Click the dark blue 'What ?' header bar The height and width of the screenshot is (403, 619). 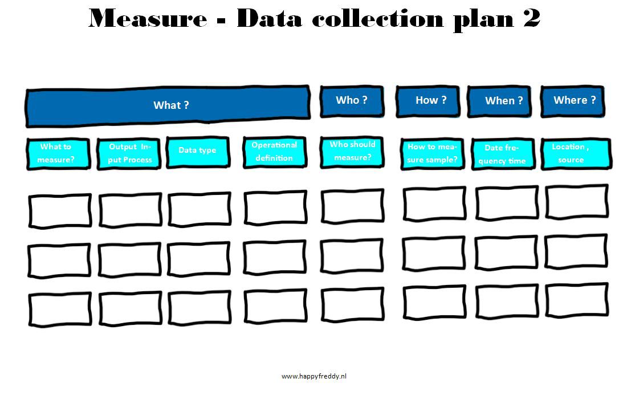[x=168, y=106]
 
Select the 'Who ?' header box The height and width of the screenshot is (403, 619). [x=352, y=101]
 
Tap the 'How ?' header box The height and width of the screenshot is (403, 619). [x=428, y=101]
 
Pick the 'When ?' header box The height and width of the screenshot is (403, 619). [x=499, y=101]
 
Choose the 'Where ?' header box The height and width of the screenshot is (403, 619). [x=573, y=101]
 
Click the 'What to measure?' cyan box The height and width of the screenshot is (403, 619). [x=59, y=153]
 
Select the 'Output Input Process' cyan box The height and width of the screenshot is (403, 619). [x=129, y=153]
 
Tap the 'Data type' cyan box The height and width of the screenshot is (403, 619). [x=198, y=152]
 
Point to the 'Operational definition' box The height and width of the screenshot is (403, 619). [x=275, y=152]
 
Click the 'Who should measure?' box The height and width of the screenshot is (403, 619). [x=352, y=152]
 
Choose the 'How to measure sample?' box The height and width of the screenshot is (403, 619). [x=433, y=153]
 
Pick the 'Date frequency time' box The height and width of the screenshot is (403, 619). [x=503, y=154]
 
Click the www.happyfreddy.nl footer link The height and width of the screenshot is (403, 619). [x=314, y=376]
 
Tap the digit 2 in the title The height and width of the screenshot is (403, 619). [x=532, y=18]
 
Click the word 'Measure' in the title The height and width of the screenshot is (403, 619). [x=148, y=18]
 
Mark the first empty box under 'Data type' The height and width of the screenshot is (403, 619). [x=199, y=209]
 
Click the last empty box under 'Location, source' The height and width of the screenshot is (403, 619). [x=577, y=300]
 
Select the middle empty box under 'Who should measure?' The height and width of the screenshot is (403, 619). [x=352, y=256]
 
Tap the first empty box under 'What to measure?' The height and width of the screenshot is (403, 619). [x=60, y=211]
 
